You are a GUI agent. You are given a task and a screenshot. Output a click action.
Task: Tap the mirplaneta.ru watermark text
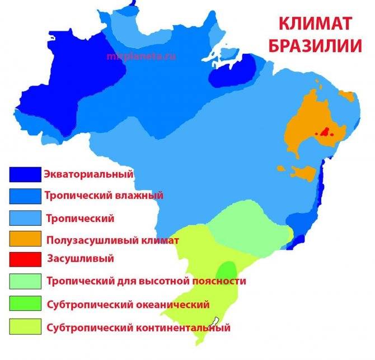[136, 56]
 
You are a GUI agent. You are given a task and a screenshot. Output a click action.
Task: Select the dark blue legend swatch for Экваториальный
[25, 174]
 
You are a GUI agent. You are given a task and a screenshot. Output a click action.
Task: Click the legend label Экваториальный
[88, 174]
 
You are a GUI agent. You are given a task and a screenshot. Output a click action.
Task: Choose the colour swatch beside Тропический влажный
[25, 196]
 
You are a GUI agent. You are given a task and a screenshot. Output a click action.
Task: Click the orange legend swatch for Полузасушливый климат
[25, 239]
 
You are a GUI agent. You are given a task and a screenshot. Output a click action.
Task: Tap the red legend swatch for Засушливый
[25, 259]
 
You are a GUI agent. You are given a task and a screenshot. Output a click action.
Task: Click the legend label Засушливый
[81, 259]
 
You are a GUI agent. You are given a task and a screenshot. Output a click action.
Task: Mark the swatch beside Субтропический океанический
[25, 303]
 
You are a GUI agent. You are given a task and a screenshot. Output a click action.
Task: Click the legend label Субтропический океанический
[128, 305]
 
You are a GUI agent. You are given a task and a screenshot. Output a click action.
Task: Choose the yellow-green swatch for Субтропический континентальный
[25, 325]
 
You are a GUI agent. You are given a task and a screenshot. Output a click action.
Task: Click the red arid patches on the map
[324, 132]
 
